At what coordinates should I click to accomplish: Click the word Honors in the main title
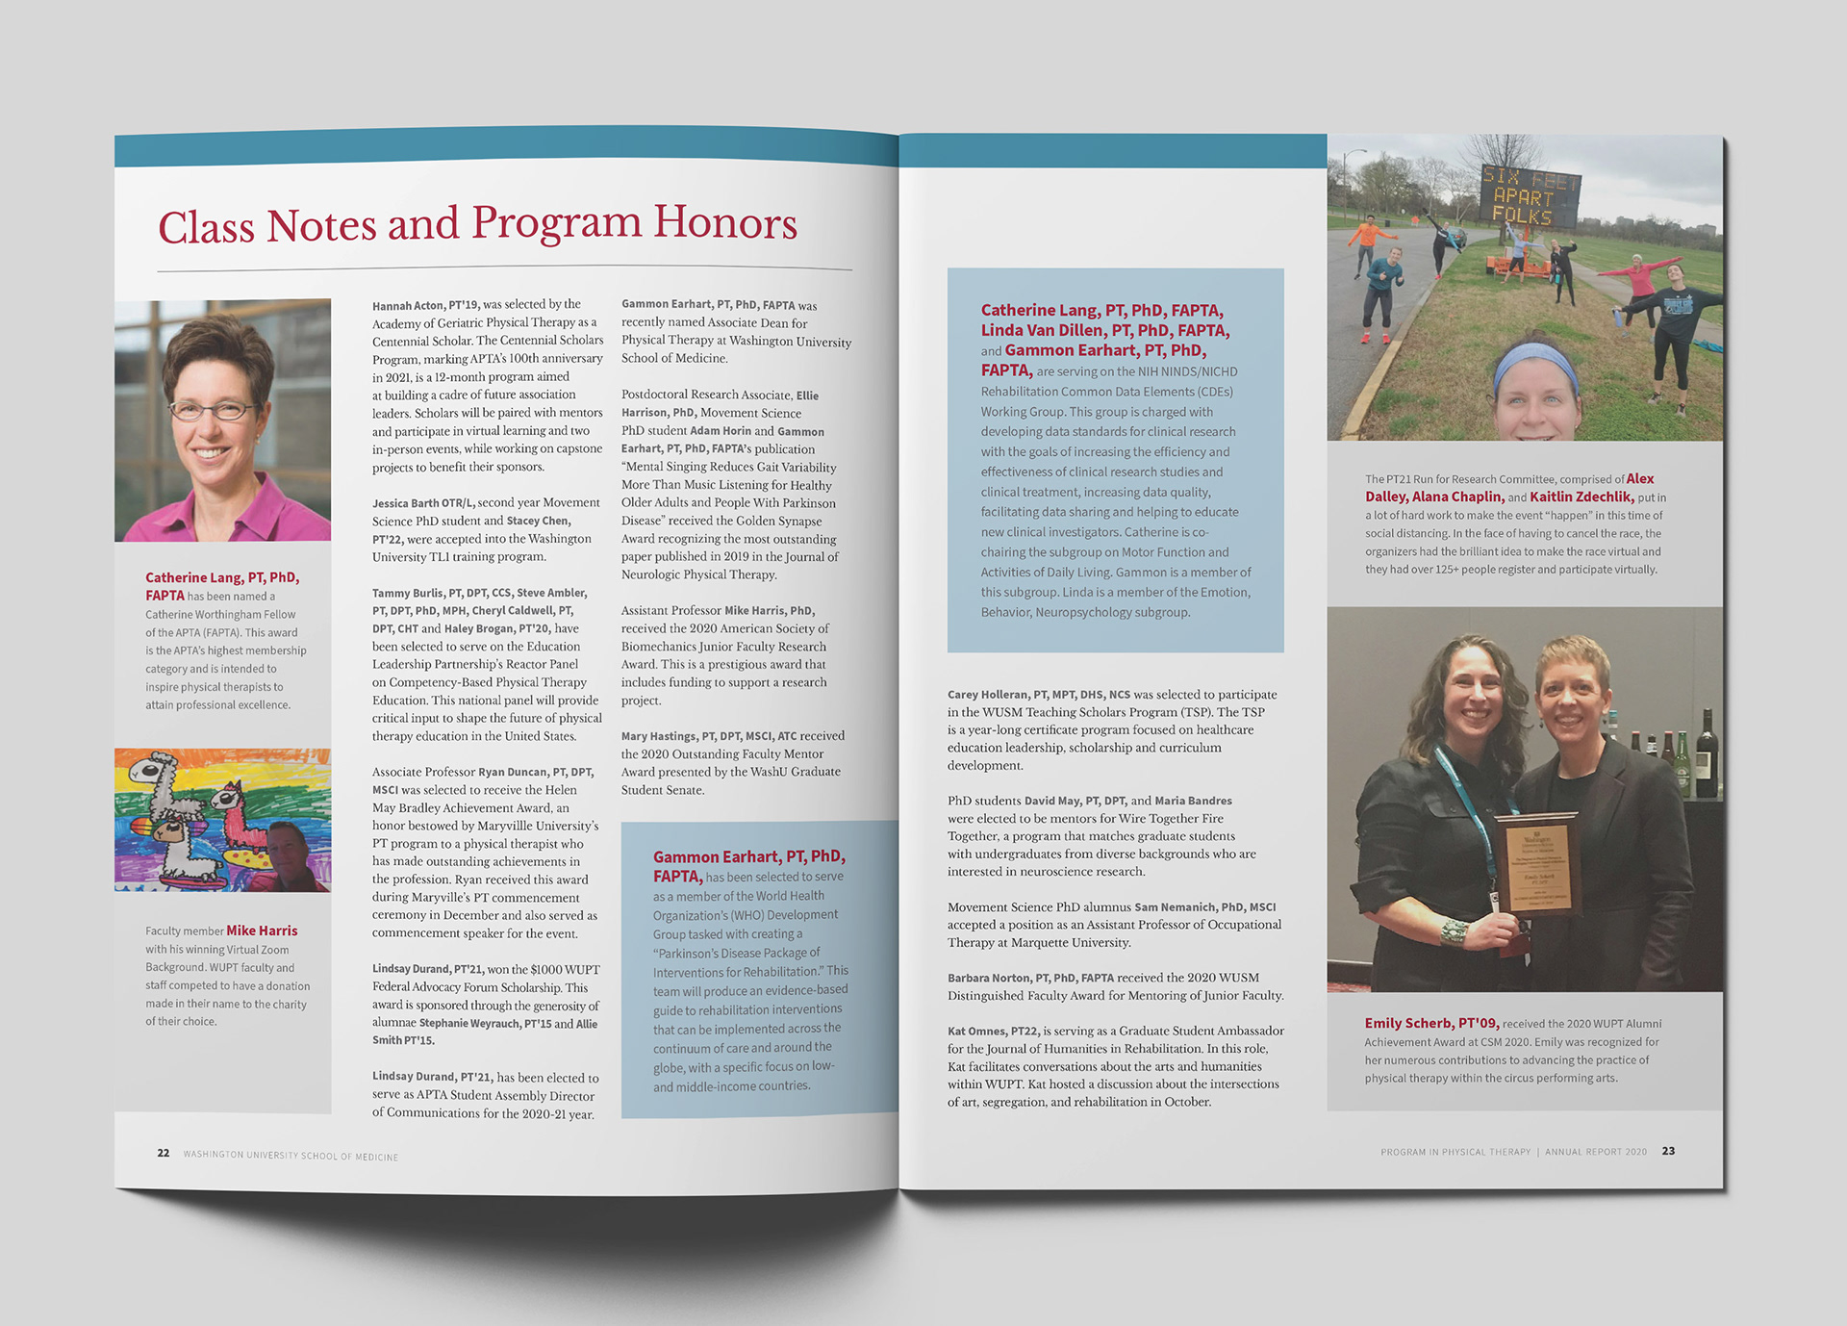725,223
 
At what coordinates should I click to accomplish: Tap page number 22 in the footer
164,1153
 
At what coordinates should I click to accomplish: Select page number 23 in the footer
1668,1151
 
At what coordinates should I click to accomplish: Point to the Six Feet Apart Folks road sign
1531,196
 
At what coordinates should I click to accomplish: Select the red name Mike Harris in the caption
262,931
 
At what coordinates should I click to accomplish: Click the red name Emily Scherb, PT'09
1430,1023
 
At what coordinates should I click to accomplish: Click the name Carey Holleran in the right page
988,695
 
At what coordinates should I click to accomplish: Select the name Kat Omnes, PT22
992,1031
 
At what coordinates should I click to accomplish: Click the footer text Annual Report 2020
1595,1152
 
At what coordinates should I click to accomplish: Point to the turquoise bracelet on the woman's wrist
1452,931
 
